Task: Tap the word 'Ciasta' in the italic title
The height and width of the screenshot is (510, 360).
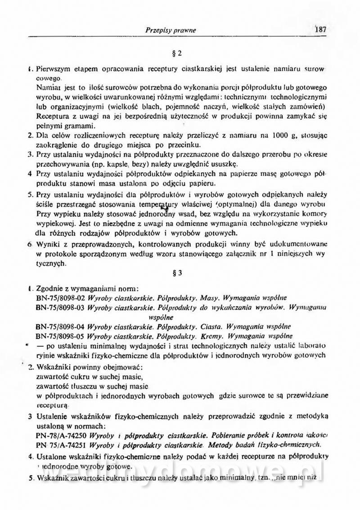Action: (x=211, y=327)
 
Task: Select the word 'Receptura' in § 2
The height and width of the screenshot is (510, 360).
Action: (x=50, y=116)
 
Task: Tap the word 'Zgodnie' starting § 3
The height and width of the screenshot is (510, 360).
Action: (x=46, y=288)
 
